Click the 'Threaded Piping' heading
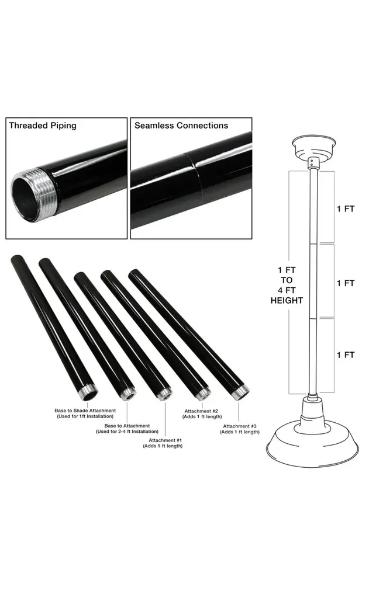point(43,126)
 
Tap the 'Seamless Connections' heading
point(181,126)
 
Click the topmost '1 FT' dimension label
point(346,208)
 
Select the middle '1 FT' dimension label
point(346,283)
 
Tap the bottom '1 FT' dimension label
point(346,354)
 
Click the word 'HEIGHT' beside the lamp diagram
point(287,301)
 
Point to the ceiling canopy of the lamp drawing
point(314,147)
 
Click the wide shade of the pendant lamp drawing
point(313,444)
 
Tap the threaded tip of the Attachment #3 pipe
point(241,392)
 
